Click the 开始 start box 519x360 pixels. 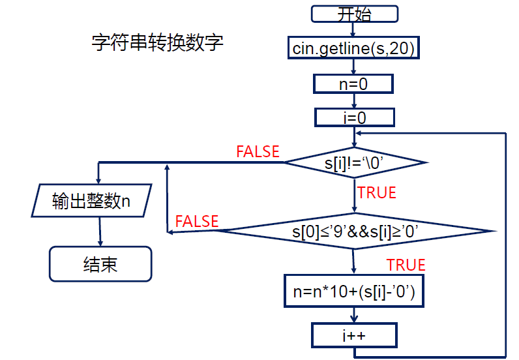[x=354, y=14]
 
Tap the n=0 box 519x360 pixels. [x=354, y=83]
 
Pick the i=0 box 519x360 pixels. [x=355, y=117]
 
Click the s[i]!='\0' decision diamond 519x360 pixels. [x=356, y=162]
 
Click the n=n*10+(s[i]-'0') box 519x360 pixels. [x=355, y=292]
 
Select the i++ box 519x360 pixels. [x=354, y=335]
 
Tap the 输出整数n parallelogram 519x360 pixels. [x=92, y=201]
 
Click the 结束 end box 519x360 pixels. [x=100, y=264]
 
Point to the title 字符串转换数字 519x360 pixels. [x=158, y=43]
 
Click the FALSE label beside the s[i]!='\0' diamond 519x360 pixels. [x=258, y=152]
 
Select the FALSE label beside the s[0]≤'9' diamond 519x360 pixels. [x=197, y=221]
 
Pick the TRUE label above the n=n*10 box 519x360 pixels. [x=406, y=265]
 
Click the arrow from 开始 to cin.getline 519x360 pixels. [x=353, y=29]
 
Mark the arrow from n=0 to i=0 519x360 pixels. [x=354, y=100]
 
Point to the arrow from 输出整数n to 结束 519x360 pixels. [x=100, y=232]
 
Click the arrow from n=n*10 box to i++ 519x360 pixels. [x=354, y=315]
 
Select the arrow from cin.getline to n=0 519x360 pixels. [x=353, y=66]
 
